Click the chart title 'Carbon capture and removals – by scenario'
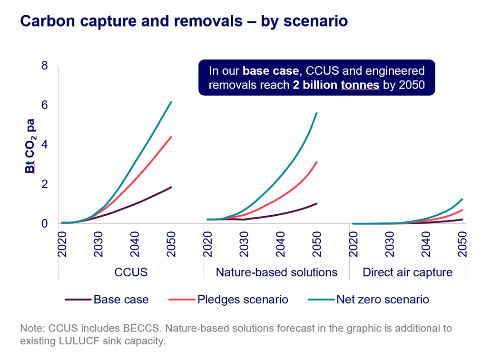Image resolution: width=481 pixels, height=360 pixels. pyautogui.click(x=183, y=22)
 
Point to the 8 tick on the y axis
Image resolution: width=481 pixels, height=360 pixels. pyautogui.click(x=44, y=66)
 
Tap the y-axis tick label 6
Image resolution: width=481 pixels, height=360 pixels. pyautogui.click(x=44, y=105)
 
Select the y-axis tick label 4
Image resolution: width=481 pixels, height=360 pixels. pyautogui.click(x=44, y=145)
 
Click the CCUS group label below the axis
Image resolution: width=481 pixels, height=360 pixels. pyautogui.click(x=131, y=272)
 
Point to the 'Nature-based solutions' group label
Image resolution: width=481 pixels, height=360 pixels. pyautogui.click(x=276, y=272)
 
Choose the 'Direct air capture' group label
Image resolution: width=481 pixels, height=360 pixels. pyautogui.click(x=407, y=272)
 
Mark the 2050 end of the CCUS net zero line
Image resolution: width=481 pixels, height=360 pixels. pyautogui.click(x=171, y=102)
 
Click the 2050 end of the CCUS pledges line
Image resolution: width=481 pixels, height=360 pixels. pyautogui.click(x=171, y=137)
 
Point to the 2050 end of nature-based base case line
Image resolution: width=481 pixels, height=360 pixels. pyautogui.click(x=317, y=203)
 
